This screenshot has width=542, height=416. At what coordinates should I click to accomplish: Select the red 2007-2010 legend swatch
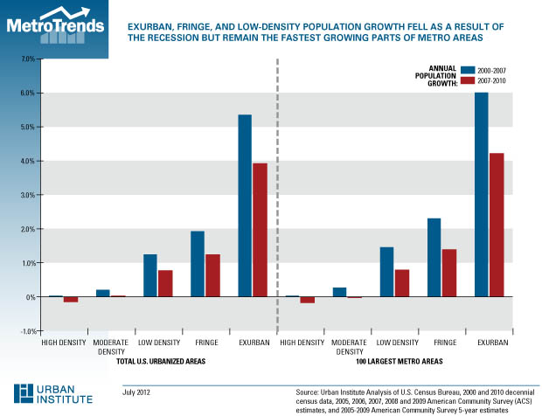(462, 80)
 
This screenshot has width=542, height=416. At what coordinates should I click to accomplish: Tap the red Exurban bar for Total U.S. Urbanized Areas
(260, 231)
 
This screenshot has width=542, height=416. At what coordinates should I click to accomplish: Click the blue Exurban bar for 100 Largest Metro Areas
(482, 195)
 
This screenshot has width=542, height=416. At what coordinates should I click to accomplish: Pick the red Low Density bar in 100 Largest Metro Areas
(402, 283)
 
